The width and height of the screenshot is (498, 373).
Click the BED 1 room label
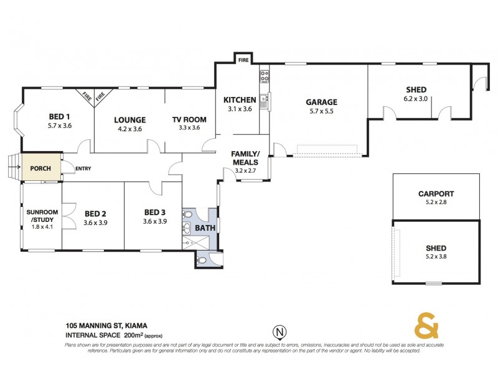[60, 116]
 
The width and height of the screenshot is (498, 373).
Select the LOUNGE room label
[129, 120]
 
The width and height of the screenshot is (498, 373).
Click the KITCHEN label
[240, 100]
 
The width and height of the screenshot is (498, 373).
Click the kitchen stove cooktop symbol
[264, 77]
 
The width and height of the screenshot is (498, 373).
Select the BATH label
[205, 228]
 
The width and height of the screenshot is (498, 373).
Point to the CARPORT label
[436, 194]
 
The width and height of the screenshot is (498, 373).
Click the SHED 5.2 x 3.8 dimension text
[436, 255]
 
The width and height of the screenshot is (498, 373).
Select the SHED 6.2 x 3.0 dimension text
[415, 98]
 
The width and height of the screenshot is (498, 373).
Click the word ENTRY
[83, 168]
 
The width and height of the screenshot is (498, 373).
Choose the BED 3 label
[155, 213]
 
